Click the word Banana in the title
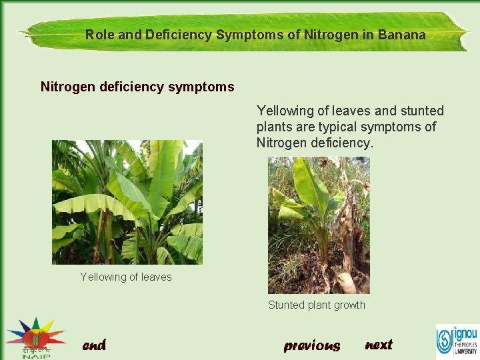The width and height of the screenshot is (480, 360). coord(402,35)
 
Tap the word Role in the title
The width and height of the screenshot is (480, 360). coord(99,35)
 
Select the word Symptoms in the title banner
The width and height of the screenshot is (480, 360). coord(245,35)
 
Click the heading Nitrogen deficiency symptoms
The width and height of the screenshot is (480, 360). coord(137,87)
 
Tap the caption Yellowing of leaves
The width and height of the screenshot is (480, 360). coord(126,277)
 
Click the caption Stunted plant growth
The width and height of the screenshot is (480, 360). coord(317,305)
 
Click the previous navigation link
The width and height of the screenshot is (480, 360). coord(312,345)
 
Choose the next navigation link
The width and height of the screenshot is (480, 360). coord(379,345)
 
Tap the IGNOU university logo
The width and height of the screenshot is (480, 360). coord(457,340)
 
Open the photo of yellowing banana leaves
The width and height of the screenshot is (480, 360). coord(127,202)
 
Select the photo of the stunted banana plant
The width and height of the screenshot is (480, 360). coord(319,225)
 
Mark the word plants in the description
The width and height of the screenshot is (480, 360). coord(273,127)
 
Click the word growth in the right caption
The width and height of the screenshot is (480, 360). coord(349,305)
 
